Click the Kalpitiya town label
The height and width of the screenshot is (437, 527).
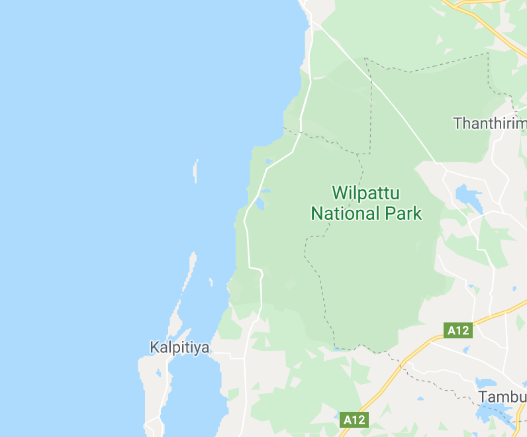(x=179, y=347)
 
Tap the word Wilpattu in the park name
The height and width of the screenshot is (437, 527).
(x=366, y=193)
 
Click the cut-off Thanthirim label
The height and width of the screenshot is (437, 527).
(x=489, y=123)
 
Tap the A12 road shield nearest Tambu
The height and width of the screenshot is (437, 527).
(x=458, y=330)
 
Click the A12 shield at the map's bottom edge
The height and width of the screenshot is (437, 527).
(x=354, y=419)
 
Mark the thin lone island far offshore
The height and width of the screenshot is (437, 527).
(x=195, y=170)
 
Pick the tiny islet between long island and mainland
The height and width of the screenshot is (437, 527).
(x=211, y=282)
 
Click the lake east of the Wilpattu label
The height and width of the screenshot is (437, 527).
(x=467, y=196)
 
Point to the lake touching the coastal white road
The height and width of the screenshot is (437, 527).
(x=260, y=202)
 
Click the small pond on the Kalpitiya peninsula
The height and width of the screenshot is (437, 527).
(x=158, y=373)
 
